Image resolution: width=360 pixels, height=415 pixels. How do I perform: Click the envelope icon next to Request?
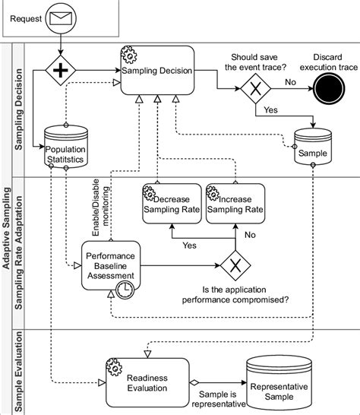60,17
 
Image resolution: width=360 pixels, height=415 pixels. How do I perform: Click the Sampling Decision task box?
157,70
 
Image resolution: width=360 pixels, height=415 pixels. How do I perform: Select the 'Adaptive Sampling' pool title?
7,228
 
